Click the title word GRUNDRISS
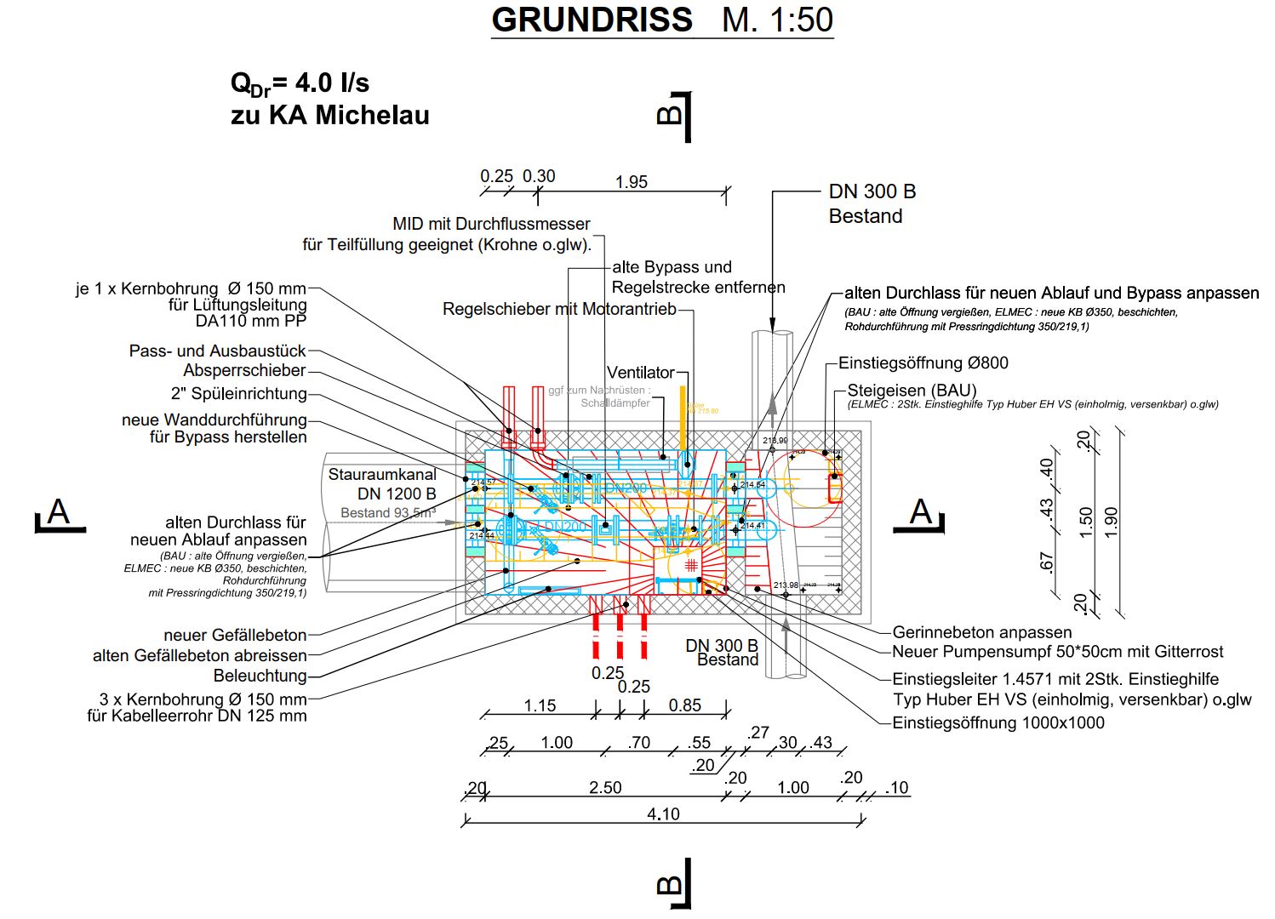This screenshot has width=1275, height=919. pos(592,20)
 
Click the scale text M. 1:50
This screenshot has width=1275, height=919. pos(777,20)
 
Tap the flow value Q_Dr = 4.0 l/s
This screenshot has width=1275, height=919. pos(300,83)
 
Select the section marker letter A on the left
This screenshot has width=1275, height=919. pos(58,512)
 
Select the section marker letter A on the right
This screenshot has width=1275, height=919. pos(921,512)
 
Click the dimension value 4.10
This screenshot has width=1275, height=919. pos(663,814)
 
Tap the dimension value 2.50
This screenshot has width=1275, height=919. pos(605,787)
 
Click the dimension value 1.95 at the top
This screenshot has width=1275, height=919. pos(632,182)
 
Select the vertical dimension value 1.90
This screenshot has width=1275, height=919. pos(1111,522)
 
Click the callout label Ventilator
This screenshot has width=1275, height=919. pos(640,373)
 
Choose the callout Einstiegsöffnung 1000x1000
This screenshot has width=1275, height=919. pos(998,723)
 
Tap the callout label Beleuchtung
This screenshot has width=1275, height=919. pos(260,676)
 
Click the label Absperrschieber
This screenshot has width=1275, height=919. pos(244,371)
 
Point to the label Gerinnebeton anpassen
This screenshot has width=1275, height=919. pos(981,632)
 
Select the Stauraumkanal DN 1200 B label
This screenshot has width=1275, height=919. pos(383,484)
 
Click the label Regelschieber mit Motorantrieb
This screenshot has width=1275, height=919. pos(559,309)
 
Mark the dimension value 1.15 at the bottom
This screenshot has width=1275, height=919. pos(540,705)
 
